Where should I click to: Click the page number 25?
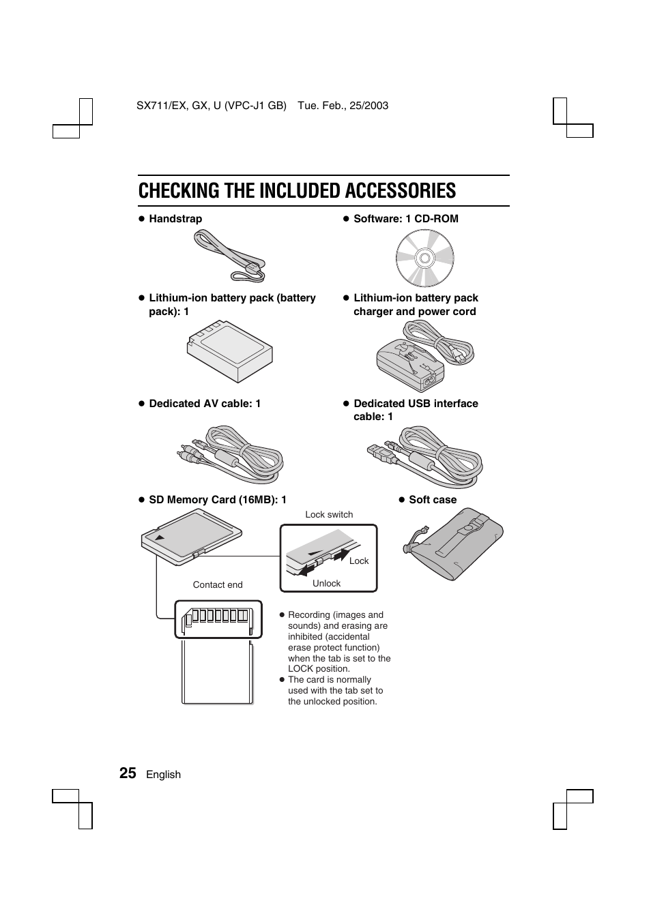tap(128, 773)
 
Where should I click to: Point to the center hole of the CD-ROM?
tap(424, 258)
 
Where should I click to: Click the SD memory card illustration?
tap(192, 537)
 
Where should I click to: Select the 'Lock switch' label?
tap(329, 515)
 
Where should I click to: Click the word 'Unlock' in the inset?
tap(326, 584)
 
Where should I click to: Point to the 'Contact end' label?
tap(218, 585)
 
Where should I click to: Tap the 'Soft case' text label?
tap(433, 500)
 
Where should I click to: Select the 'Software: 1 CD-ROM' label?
tap(405, 219)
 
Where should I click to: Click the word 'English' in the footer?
tap(164, 775)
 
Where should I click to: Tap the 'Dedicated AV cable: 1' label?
tap(205, 404)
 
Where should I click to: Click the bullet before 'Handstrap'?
tap(143, 219)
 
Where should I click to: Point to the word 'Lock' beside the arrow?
tap(359, 561)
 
